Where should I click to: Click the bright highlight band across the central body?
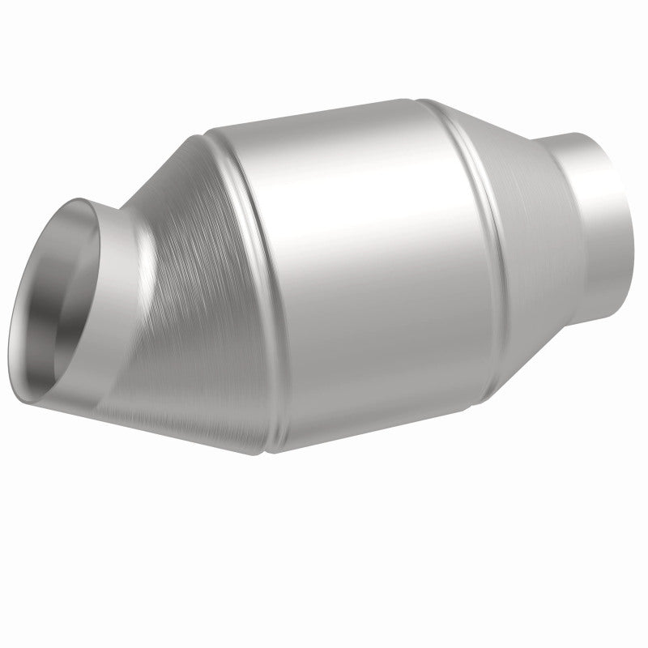coord(364,211)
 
